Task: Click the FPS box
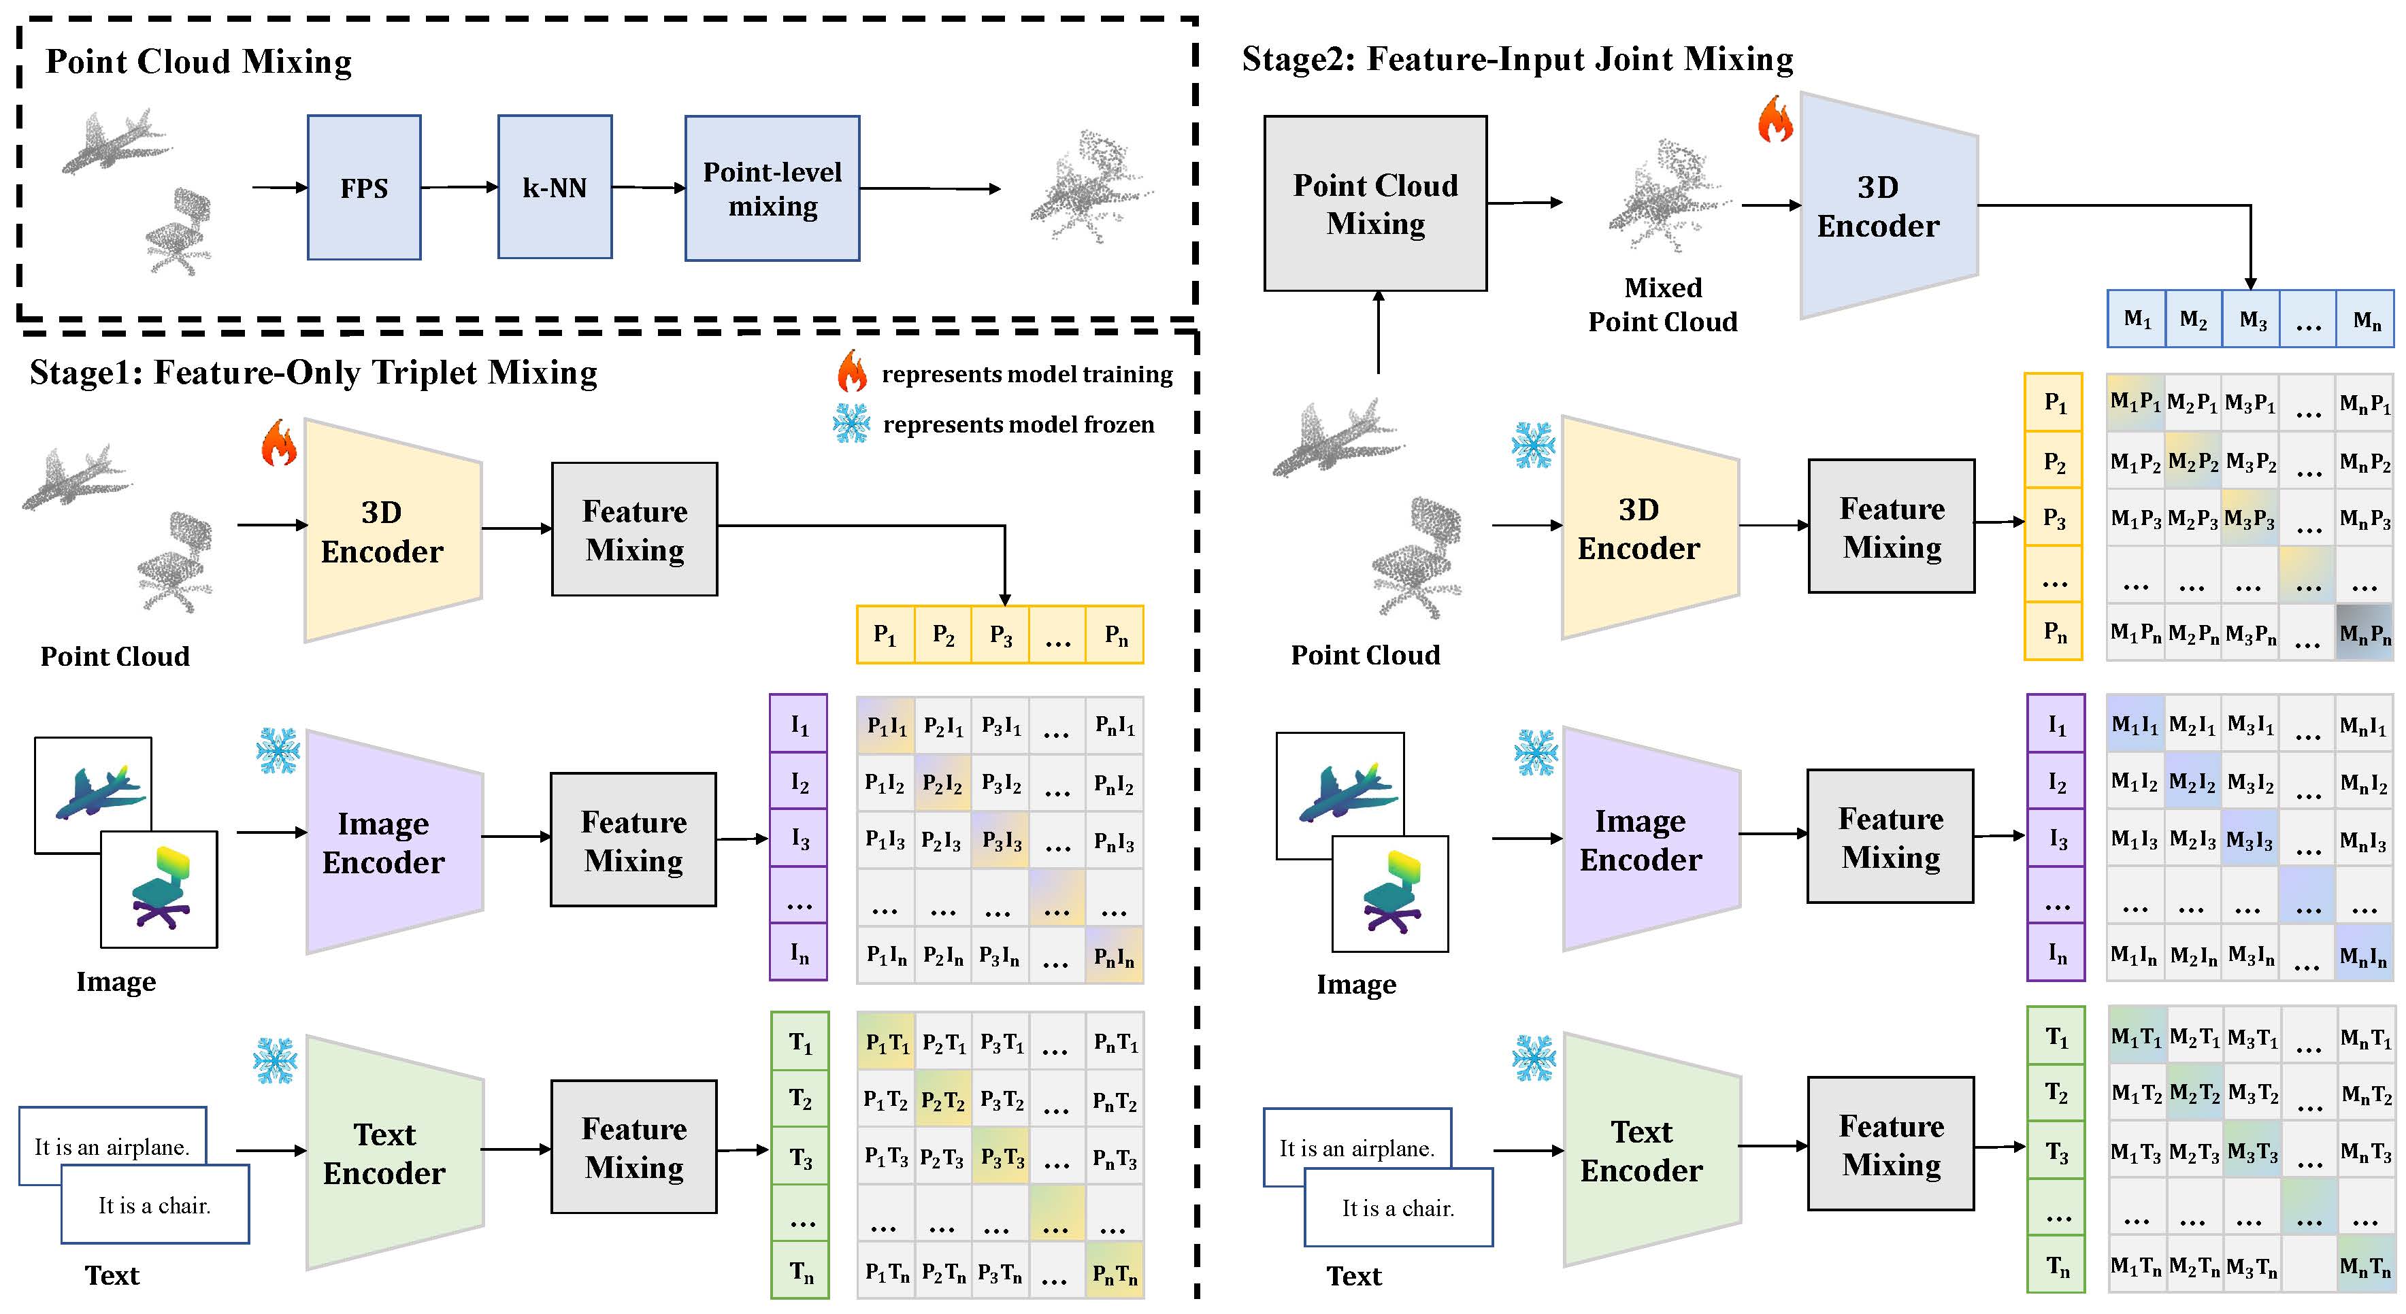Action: coord(363,188)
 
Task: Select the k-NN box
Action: coord(555,187)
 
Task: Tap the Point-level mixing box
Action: coord(772,188)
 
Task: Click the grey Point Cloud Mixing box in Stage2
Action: coord(1375,203)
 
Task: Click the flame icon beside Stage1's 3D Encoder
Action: coord(278,443)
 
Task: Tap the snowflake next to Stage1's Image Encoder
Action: coord(278,750)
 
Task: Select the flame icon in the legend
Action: coord(851,372)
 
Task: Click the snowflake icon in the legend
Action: coord(851,423)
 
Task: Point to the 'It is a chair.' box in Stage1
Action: coord(155,1204)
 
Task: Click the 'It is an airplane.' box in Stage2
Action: coord(1356,1148)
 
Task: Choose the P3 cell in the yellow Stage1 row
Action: coord(1000,635)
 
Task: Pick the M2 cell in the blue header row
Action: coord(2193,320)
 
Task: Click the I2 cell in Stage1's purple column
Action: coord(799,781)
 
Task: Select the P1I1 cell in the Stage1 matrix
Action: coord(885,725)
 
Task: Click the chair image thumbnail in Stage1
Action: coord(159,889)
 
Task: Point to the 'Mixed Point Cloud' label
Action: coord(1662,305)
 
